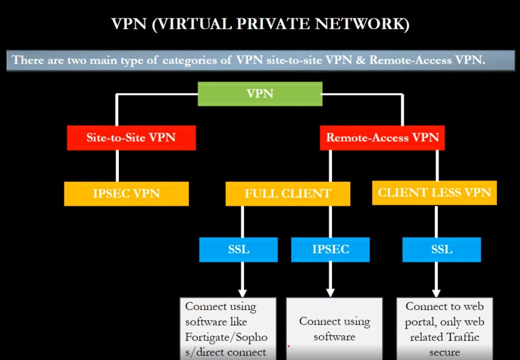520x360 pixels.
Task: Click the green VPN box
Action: [260, 94]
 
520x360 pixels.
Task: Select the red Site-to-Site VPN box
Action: [131, 138]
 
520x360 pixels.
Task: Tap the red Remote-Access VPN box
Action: [382, 138]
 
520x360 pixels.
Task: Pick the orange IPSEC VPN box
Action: [126, 194]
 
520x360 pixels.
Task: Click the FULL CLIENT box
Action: [288, 194]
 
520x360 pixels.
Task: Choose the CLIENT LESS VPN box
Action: [434, 192]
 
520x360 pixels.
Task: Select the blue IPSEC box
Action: [330, 250]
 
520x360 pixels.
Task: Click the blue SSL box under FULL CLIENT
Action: [238, 250]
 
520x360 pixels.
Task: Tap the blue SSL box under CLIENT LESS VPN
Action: [442, 250]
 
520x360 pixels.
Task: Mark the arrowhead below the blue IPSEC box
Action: [330, 291]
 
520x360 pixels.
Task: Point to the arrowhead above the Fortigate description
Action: [242, 291]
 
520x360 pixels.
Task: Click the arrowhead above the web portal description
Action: [436, 291]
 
